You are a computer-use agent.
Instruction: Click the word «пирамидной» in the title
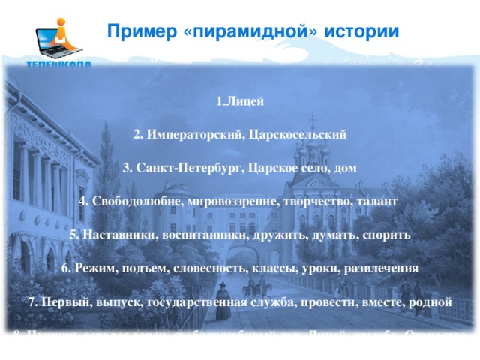click(x=247, y=32)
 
